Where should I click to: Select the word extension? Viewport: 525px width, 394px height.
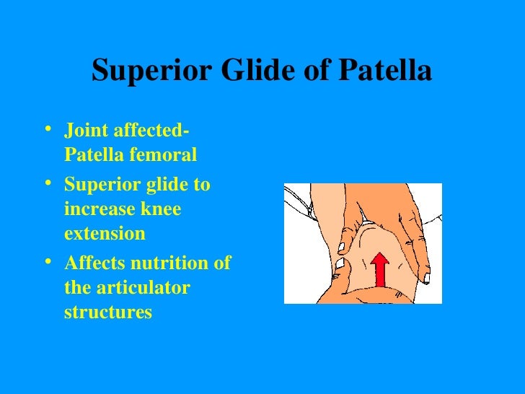point(105,235)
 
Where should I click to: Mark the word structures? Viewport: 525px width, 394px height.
point(108,313)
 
